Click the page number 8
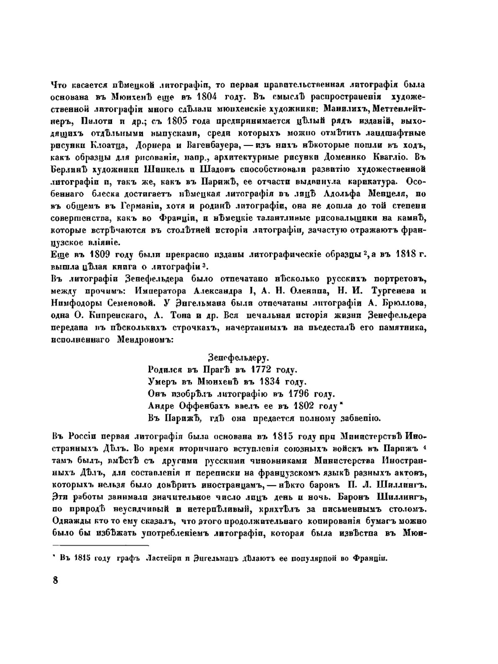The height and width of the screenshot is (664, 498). (55, 581)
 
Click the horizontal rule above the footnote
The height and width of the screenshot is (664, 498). (100, 545)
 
